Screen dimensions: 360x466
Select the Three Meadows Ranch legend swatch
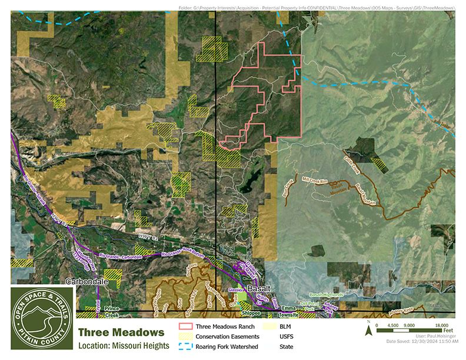coord(186,325)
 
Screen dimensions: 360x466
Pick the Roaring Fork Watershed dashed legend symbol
coord(186,346)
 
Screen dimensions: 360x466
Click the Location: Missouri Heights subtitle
coord(121,346)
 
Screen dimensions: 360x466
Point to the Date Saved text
coord(422,342)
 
